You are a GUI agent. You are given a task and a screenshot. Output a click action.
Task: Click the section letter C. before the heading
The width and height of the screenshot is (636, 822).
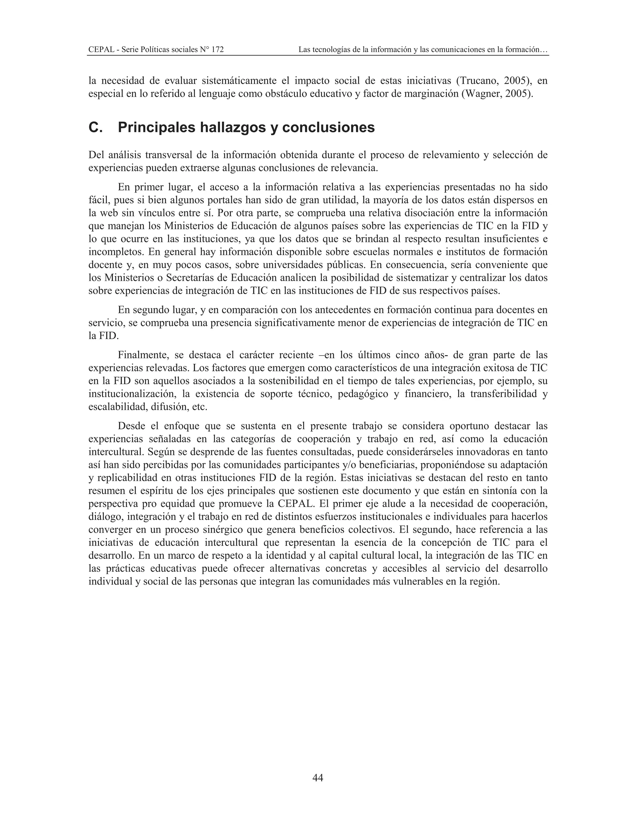[x=96, y=127]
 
